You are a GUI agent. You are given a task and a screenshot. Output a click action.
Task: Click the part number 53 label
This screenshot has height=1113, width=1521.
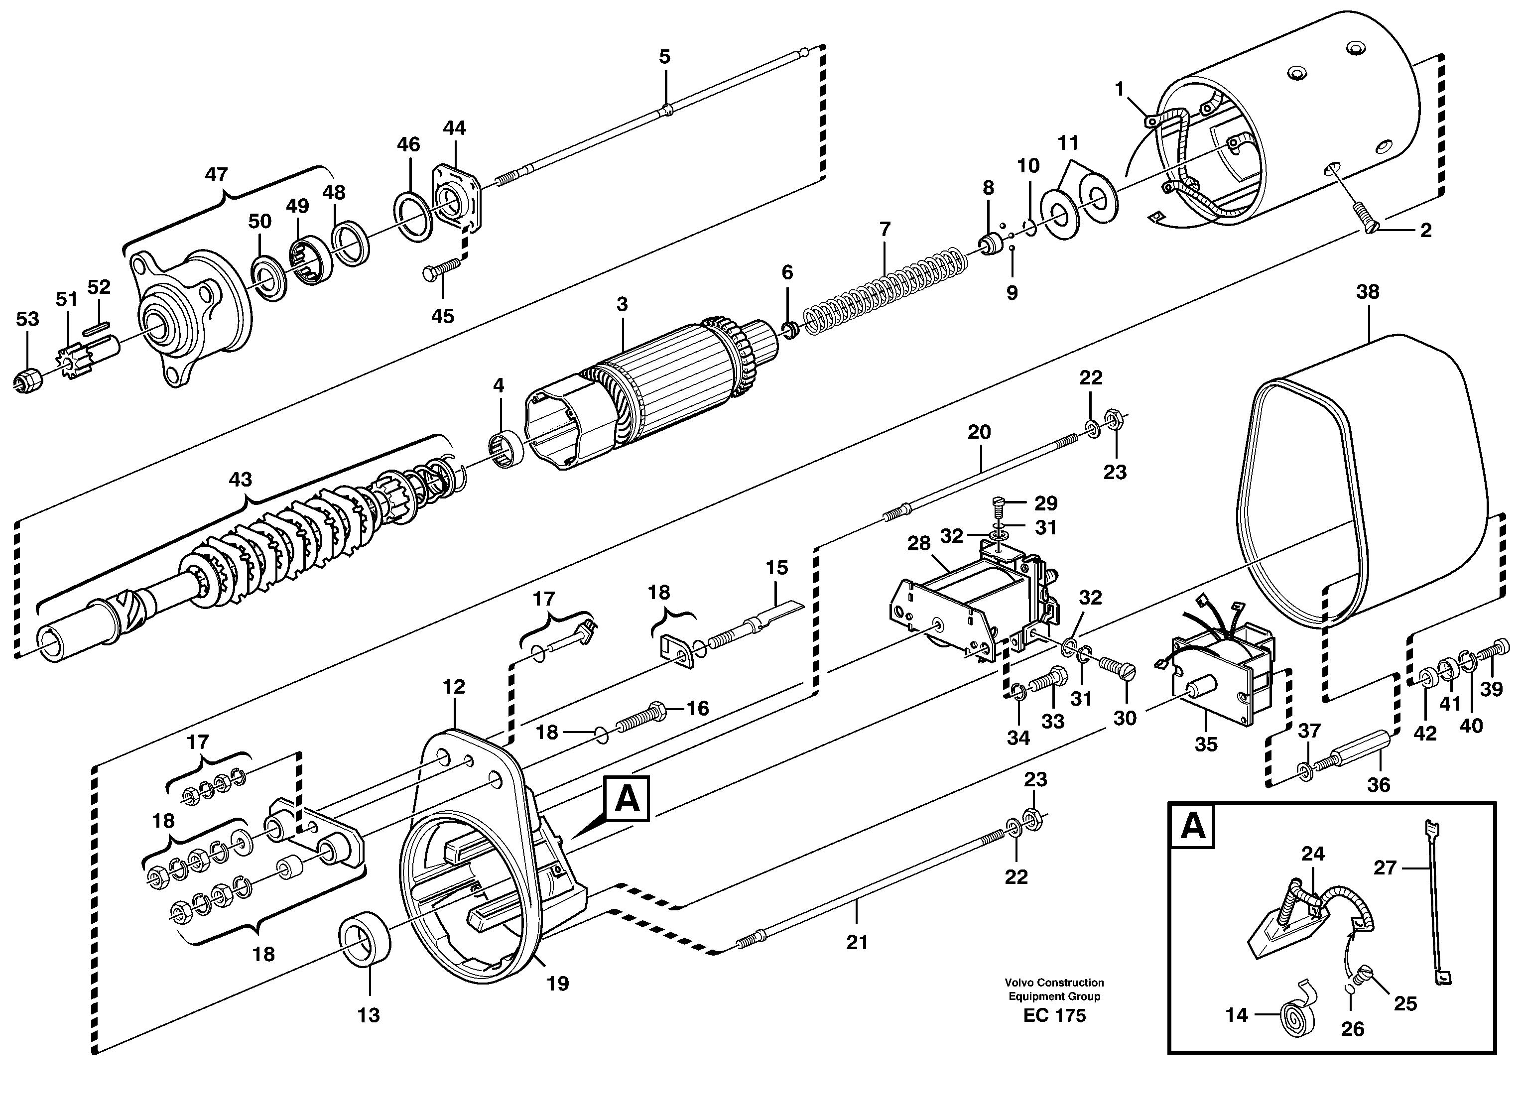[x=27, y=319]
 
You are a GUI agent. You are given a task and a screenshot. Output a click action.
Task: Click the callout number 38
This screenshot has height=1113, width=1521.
[x=1368, y=292]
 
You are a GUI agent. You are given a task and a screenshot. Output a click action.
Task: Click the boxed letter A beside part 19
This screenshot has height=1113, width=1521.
[x=627, y=799]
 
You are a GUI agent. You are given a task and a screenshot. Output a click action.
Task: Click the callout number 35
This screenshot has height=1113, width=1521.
[x=1206, y=744]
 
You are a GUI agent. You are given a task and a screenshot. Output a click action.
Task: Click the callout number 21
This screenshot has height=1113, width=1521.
[x=857, y=943]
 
